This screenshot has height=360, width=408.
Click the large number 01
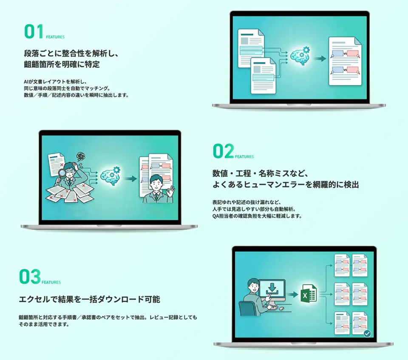pos(34,32)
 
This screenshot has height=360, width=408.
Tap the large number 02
pos(223,151)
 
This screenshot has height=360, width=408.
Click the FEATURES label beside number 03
pos(51,282)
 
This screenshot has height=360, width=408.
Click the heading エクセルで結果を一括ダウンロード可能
pos(90,299)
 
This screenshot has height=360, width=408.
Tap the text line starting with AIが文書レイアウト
pos(55,81)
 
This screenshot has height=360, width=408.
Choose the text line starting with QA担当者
pos(257,216)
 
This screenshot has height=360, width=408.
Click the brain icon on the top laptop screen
pos(300,55)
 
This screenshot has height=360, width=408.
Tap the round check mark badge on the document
pos(367,334)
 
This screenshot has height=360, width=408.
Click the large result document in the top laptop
pos(345,61)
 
